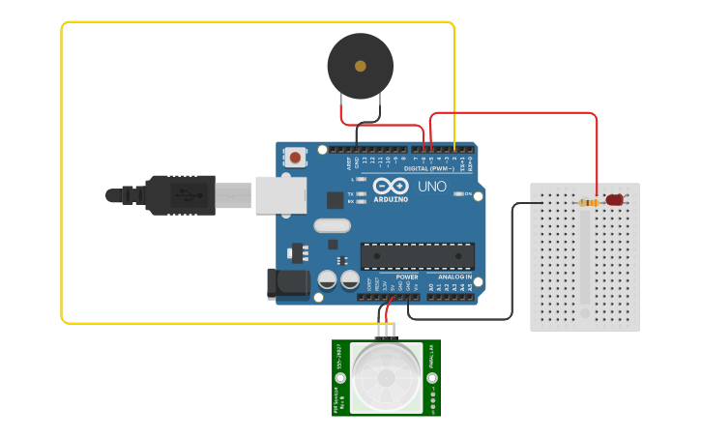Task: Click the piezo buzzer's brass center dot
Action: pos(361,67)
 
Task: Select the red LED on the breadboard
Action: pos(614,200)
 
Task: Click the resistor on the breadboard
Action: pos(587,202)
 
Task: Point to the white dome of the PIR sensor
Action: pos(386,376)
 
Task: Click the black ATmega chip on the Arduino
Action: pos(417,256)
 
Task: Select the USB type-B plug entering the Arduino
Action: pos(232,194)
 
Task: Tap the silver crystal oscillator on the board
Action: pos(331,226)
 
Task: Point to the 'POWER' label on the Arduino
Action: pos(407,277)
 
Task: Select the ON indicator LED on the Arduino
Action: pos(459,193)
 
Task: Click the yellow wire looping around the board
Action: pos(62,174)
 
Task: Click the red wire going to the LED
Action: pos(512,113)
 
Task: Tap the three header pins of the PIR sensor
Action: pos(386,331)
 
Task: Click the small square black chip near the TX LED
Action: pos(335,200)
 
